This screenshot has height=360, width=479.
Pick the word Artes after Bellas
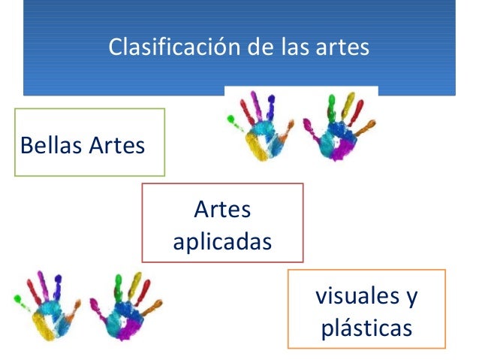pos(116,144)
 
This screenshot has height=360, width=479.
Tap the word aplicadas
pos(223,243)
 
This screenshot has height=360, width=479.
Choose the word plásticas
pos(366,328)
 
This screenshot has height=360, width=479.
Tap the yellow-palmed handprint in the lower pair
pos(47,309)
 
